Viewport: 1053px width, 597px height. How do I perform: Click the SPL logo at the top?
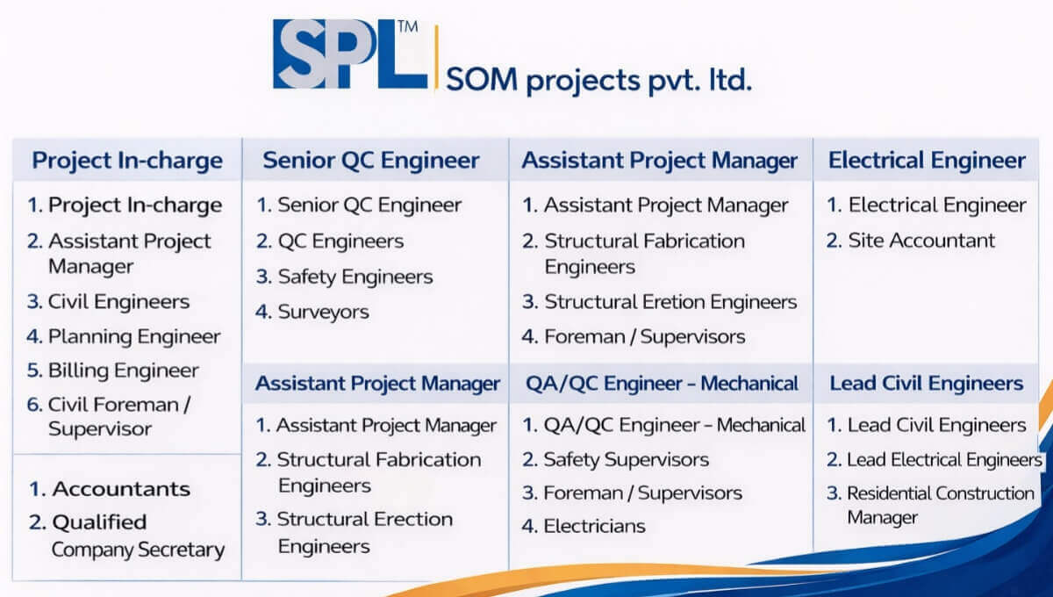point(349,54)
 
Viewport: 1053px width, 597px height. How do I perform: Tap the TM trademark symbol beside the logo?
point(409,28)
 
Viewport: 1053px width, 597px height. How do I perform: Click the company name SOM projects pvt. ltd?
point(598,81)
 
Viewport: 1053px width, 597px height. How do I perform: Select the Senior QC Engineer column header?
point(371,160)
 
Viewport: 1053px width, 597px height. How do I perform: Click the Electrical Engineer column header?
point(927,160)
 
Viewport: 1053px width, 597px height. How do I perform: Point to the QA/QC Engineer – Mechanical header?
point(662,384)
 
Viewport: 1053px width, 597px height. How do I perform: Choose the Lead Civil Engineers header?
point(927,384)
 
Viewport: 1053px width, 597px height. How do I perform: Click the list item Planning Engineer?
point(133,336)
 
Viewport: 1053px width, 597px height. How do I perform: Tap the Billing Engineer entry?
point(123,370)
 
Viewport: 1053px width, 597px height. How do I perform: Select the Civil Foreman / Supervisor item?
point(118,417)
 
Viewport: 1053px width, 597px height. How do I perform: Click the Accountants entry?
point(120,488)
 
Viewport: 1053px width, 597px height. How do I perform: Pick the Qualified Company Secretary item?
point(136,536)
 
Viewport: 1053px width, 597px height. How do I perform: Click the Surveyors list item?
point(323,312)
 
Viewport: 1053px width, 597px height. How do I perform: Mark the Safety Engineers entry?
point(355,277)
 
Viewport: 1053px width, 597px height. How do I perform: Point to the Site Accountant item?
point(920,241)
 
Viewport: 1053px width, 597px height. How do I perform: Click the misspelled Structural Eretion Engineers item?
point(670,302)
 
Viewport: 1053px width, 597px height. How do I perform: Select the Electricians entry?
point(594,526)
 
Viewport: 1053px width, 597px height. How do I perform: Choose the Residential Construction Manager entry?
point(939,505)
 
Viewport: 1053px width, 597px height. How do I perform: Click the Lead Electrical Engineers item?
point(943,459)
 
